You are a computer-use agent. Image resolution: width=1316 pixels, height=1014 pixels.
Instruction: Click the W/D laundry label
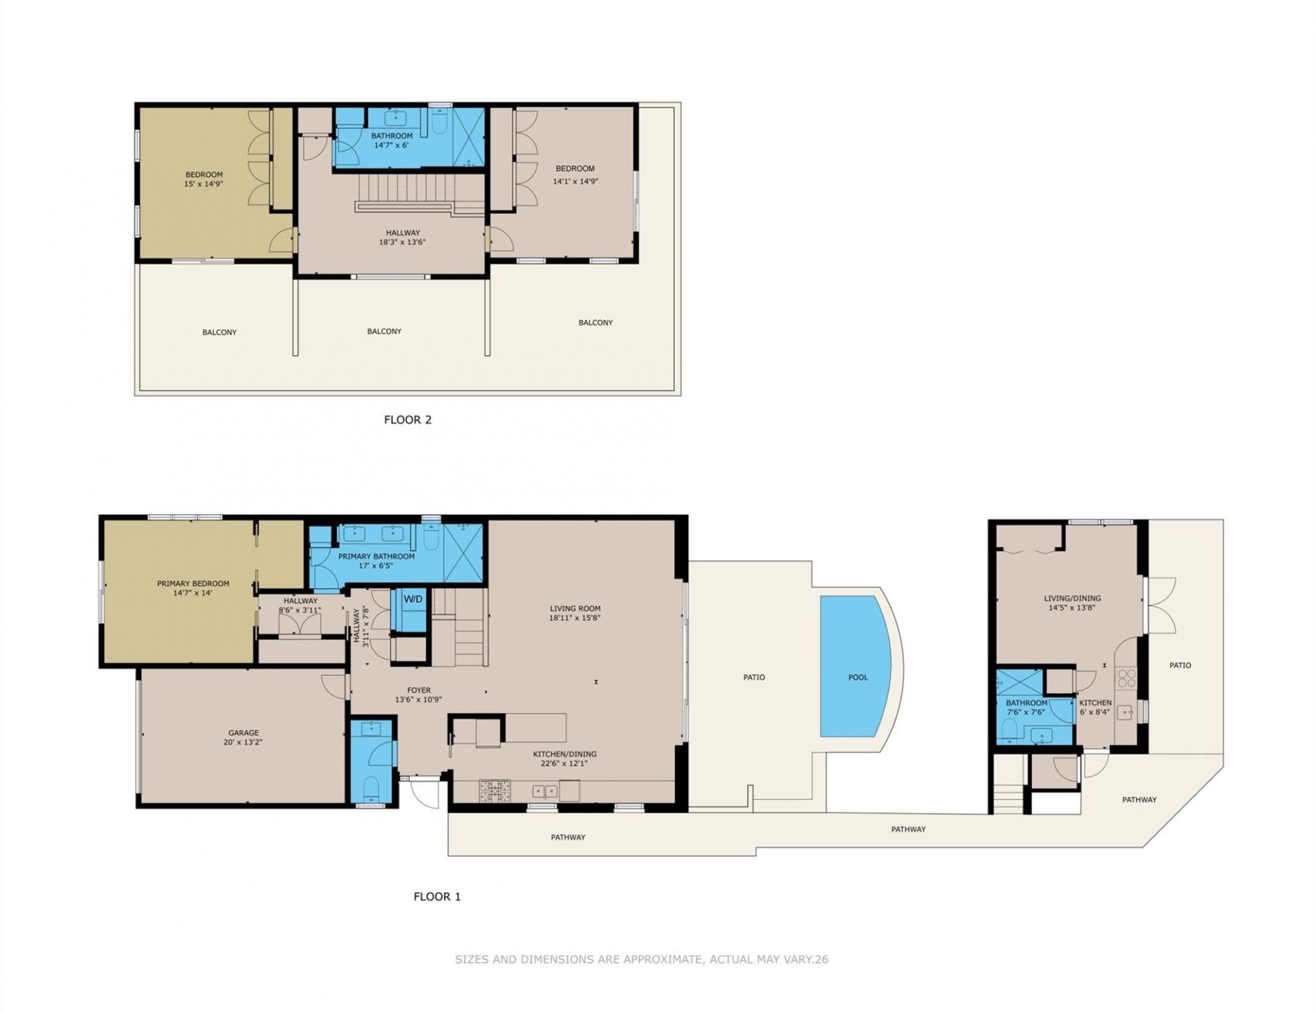(413, 599)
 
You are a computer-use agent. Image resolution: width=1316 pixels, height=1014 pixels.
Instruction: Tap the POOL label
(857, 677)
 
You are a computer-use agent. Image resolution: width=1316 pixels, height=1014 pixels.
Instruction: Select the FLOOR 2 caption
(408, 420)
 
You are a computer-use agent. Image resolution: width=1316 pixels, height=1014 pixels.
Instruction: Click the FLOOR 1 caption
(437, 896)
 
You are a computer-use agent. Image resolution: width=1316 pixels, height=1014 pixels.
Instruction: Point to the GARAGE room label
(243, 733)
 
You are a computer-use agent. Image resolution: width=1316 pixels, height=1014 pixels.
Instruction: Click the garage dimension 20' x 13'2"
(243, 742)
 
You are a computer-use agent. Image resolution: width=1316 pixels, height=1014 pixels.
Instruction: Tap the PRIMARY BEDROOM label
(193, 583)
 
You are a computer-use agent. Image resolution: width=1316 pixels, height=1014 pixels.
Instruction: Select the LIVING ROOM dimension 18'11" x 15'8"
(575, 618)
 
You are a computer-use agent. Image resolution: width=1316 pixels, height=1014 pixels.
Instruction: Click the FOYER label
(419, 690)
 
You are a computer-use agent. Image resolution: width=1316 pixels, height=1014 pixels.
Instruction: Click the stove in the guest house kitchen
(1126, 679)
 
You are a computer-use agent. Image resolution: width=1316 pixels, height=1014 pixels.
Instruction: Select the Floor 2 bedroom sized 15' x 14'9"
(204, 179)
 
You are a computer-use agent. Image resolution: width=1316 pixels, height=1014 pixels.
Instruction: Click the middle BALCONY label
(384, 331)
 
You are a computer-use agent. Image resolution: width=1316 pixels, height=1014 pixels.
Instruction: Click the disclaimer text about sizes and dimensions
(641, 959)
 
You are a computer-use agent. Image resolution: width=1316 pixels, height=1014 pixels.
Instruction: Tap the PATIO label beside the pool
(754, 677)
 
